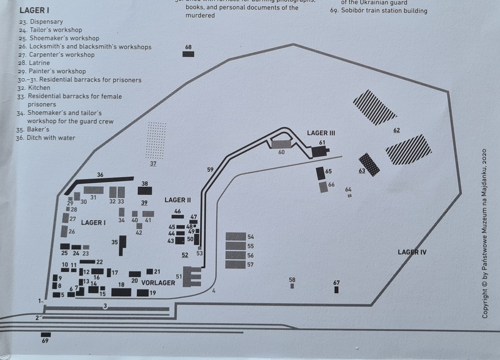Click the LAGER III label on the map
coord(321,132)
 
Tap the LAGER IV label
coord(412,252)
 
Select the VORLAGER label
coord(157,283)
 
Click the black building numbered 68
coord(188,54)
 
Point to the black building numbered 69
coord(45,334)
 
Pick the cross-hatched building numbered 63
coord(369,164)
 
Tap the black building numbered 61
coord(320,151)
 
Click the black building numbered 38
coord(145,191)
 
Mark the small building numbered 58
coord(292,286)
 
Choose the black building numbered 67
coord(336,290)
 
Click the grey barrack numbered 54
coord(236,237)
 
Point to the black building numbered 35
coord(122,241)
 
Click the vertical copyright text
coord(486,232)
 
